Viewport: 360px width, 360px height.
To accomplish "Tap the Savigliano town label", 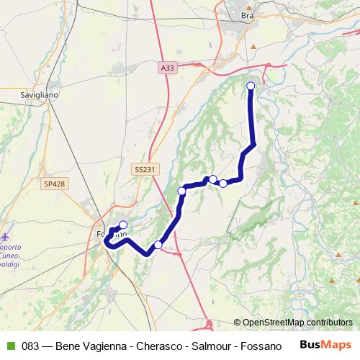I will [40, 94].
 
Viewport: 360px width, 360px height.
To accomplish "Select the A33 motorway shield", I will [167, 68].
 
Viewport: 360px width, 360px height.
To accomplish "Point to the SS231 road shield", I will [144, 168].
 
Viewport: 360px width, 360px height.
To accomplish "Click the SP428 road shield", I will [54, 184].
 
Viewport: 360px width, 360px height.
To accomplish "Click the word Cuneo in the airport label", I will [17, 253].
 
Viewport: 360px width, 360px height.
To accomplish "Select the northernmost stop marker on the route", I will [251, 86].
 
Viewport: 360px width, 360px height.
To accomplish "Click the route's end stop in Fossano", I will [123, 225].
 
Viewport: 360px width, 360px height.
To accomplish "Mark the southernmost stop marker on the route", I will [158, 245].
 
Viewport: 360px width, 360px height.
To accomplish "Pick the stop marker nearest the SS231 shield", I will [182, 191].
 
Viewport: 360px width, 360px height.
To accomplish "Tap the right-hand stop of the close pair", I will [223, 183].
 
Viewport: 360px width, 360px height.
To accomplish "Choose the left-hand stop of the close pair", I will [213, 179].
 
